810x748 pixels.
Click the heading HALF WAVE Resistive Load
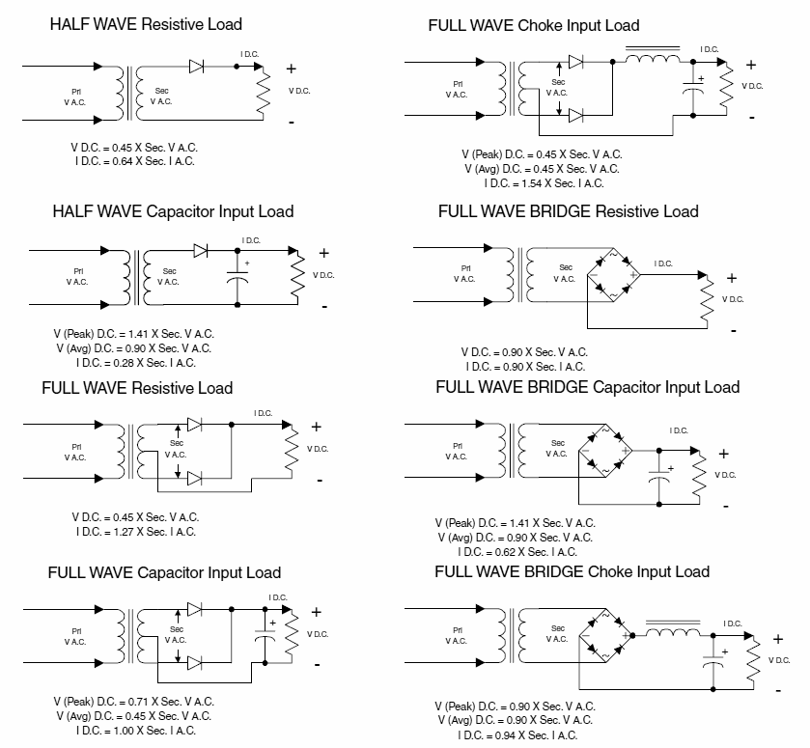click(x=146, y=24)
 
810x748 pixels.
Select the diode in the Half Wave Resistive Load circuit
click(x=196, y=67)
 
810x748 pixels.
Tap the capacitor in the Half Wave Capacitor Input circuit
click(x=237, y=276)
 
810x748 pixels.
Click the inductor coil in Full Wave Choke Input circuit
click(x=653, y=58)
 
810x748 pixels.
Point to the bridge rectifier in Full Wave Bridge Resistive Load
click(x=614, y=274)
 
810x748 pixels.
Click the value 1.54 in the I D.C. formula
click(x=532, y=183)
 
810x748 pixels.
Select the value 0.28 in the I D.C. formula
click(x=124, y=363)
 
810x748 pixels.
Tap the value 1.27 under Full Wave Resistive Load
click(x=124, y=532)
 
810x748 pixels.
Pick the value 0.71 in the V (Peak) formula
click(x=138, y=702)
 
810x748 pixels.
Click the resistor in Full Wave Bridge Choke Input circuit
click(x=754, y=662)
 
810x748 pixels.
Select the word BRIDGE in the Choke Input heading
click(x=553, y=571)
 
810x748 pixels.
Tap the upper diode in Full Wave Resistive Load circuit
click(x=194, y=425)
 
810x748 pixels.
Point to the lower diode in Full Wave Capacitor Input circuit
click(x=194, y=663)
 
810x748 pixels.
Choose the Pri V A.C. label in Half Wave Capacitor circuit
click(x=77, y=276)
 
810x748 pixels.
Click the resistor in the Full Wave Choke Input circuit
click(x=726, y=89)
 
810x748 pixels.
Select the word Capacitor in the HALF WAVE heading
click(x=181, y=211)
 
